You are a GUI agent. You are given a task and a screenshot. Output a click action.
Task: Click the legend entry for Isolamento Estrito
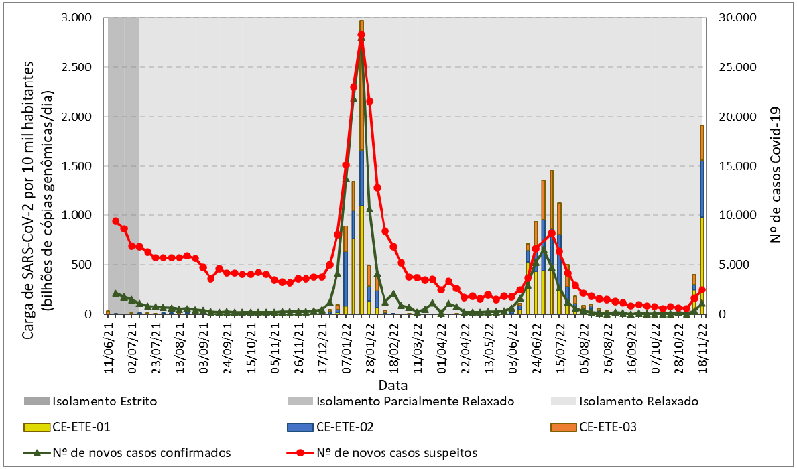click(x=90, y=401)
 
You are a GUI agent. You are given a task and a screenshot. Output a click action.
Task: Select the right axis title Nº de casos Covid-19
click(x=776, y=166)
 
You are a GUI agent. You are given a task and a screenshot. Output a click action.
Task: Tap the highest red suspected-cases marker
click(x=361, y=35)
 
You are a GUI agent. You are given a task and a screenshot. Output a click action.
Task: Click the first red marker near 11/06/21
click(x=116, y=221)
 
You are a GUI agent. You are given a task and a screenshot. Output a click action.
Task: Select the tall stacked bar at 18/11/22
click(x=702, y=221)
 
